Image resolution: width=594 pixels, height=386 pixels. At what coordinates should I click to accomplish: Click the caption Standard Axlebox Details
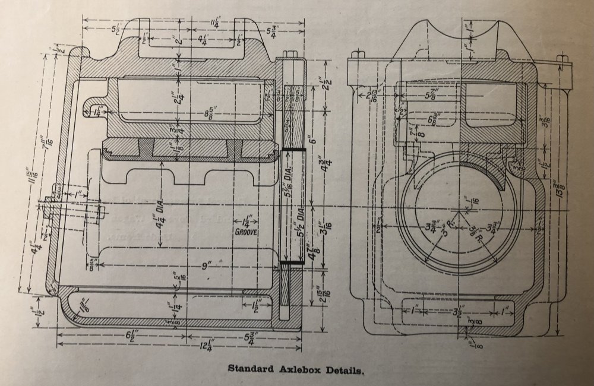(x=295, y=369)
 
